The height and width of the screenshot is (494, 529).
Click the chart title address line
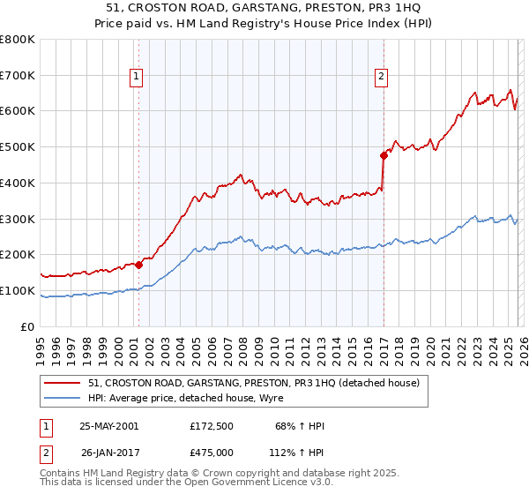tap(264, 8)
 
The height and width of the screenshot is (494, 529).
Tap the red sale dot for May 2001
tap(139, 264)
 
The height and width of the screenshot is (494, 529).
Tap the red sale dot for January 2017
tap(384, 155)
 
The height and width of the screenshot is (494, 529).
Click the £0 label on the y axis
tap(28, 326)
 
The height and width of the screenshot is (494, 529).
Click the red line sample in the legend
tap(63, 383)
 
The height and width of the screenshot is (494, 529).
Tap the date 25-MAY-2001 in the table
tap(108, 426)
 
